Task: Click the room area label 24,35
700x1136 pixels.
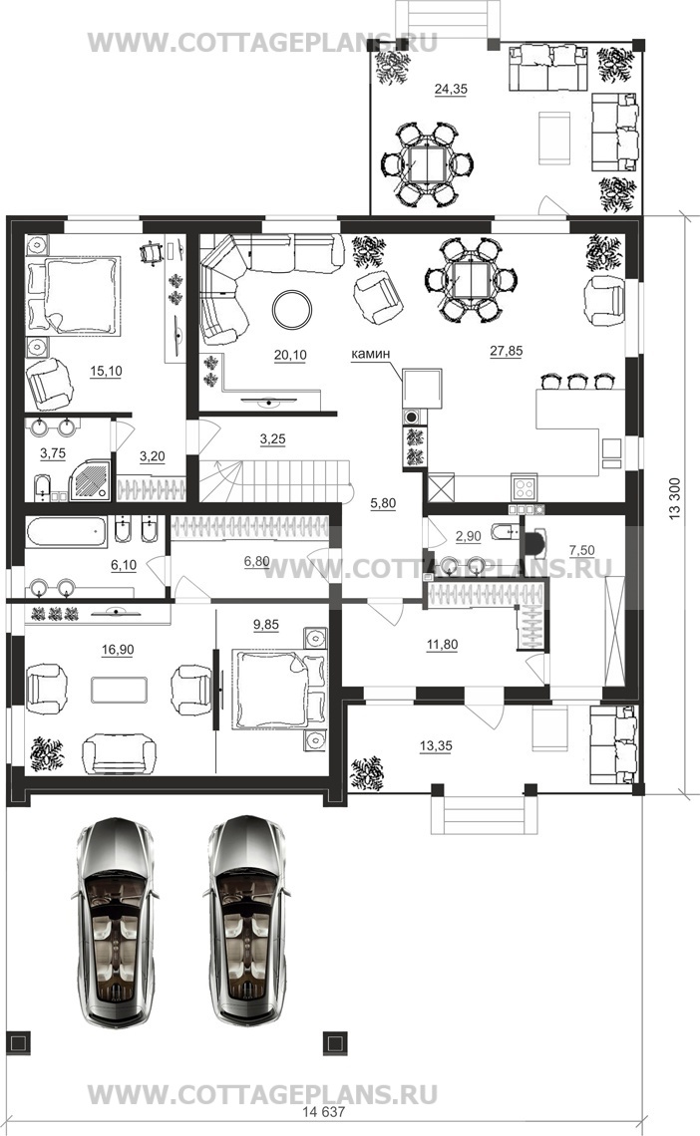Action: coord(451,89)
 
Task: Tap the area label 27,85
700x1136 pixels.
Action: coord(506,351)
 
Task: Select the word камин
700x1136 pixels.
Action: coord(370,354)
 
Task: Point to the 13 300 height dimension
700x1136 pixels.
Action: coord(675,498)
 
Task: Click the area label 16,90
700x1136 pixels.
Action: coord(118,650)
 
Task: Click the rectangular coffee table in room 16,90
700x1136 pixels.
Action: coord(120,690)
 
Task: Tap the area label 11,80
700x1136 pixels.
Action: coord(442,644)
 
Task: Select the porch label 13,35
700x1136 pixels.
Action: coord(436,745)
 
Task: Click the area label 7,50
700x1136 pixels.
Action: coord(582,551)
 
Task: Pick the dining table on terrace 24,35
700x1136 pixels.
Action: coord(428,164)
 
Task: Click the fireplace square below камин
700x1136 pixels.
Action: coord(423,389)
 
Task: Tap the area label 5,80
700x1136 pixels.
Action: coord(383,504)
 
